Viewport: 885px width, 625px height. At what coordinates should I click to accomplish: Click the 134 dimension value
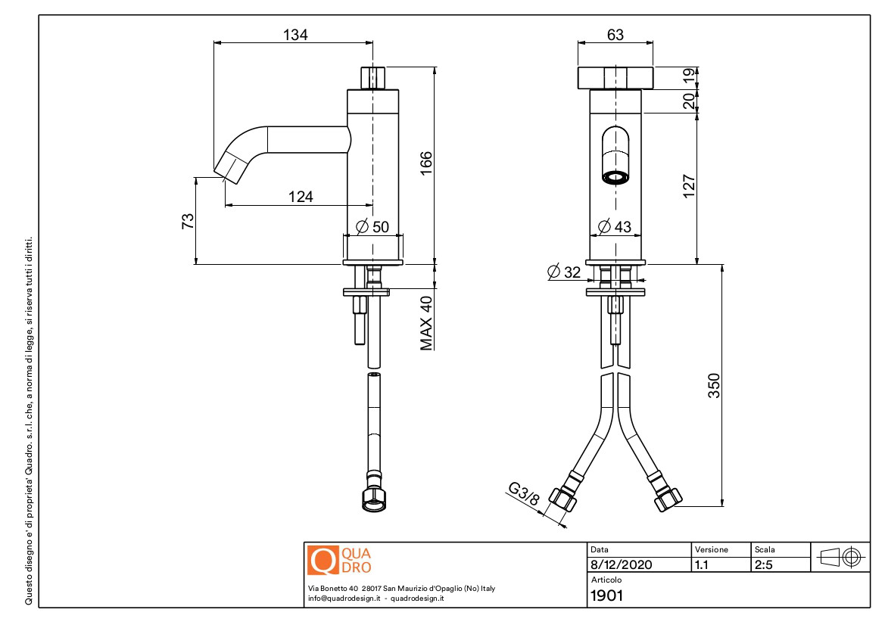coord(295,35)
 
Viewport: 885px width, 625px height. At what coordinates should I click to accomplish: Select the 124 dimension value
coord(301,196)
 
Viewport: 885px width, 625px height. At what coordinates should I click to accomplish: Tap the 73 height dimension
coord(188,220)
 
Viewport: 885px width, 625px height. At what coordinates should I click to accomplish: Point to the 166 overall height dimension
coord(426,163)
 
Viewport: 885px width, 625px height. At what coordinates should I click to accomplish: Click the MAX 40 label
coord(426,323)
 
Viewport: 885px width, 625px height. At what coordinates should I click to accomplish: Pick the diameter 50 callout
coord(372,227)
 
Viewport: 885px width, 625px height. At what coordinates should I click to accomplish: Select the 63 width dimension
coord(615,35)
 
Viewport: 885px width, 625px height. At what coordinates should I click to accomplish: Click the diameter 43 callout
coord(614,227)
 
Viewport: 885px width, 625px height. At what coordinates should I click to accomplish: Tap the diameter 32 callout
coord(564,272)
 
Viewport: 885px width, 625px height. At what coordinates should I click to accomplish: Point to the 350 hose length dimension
coord(714,385)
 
